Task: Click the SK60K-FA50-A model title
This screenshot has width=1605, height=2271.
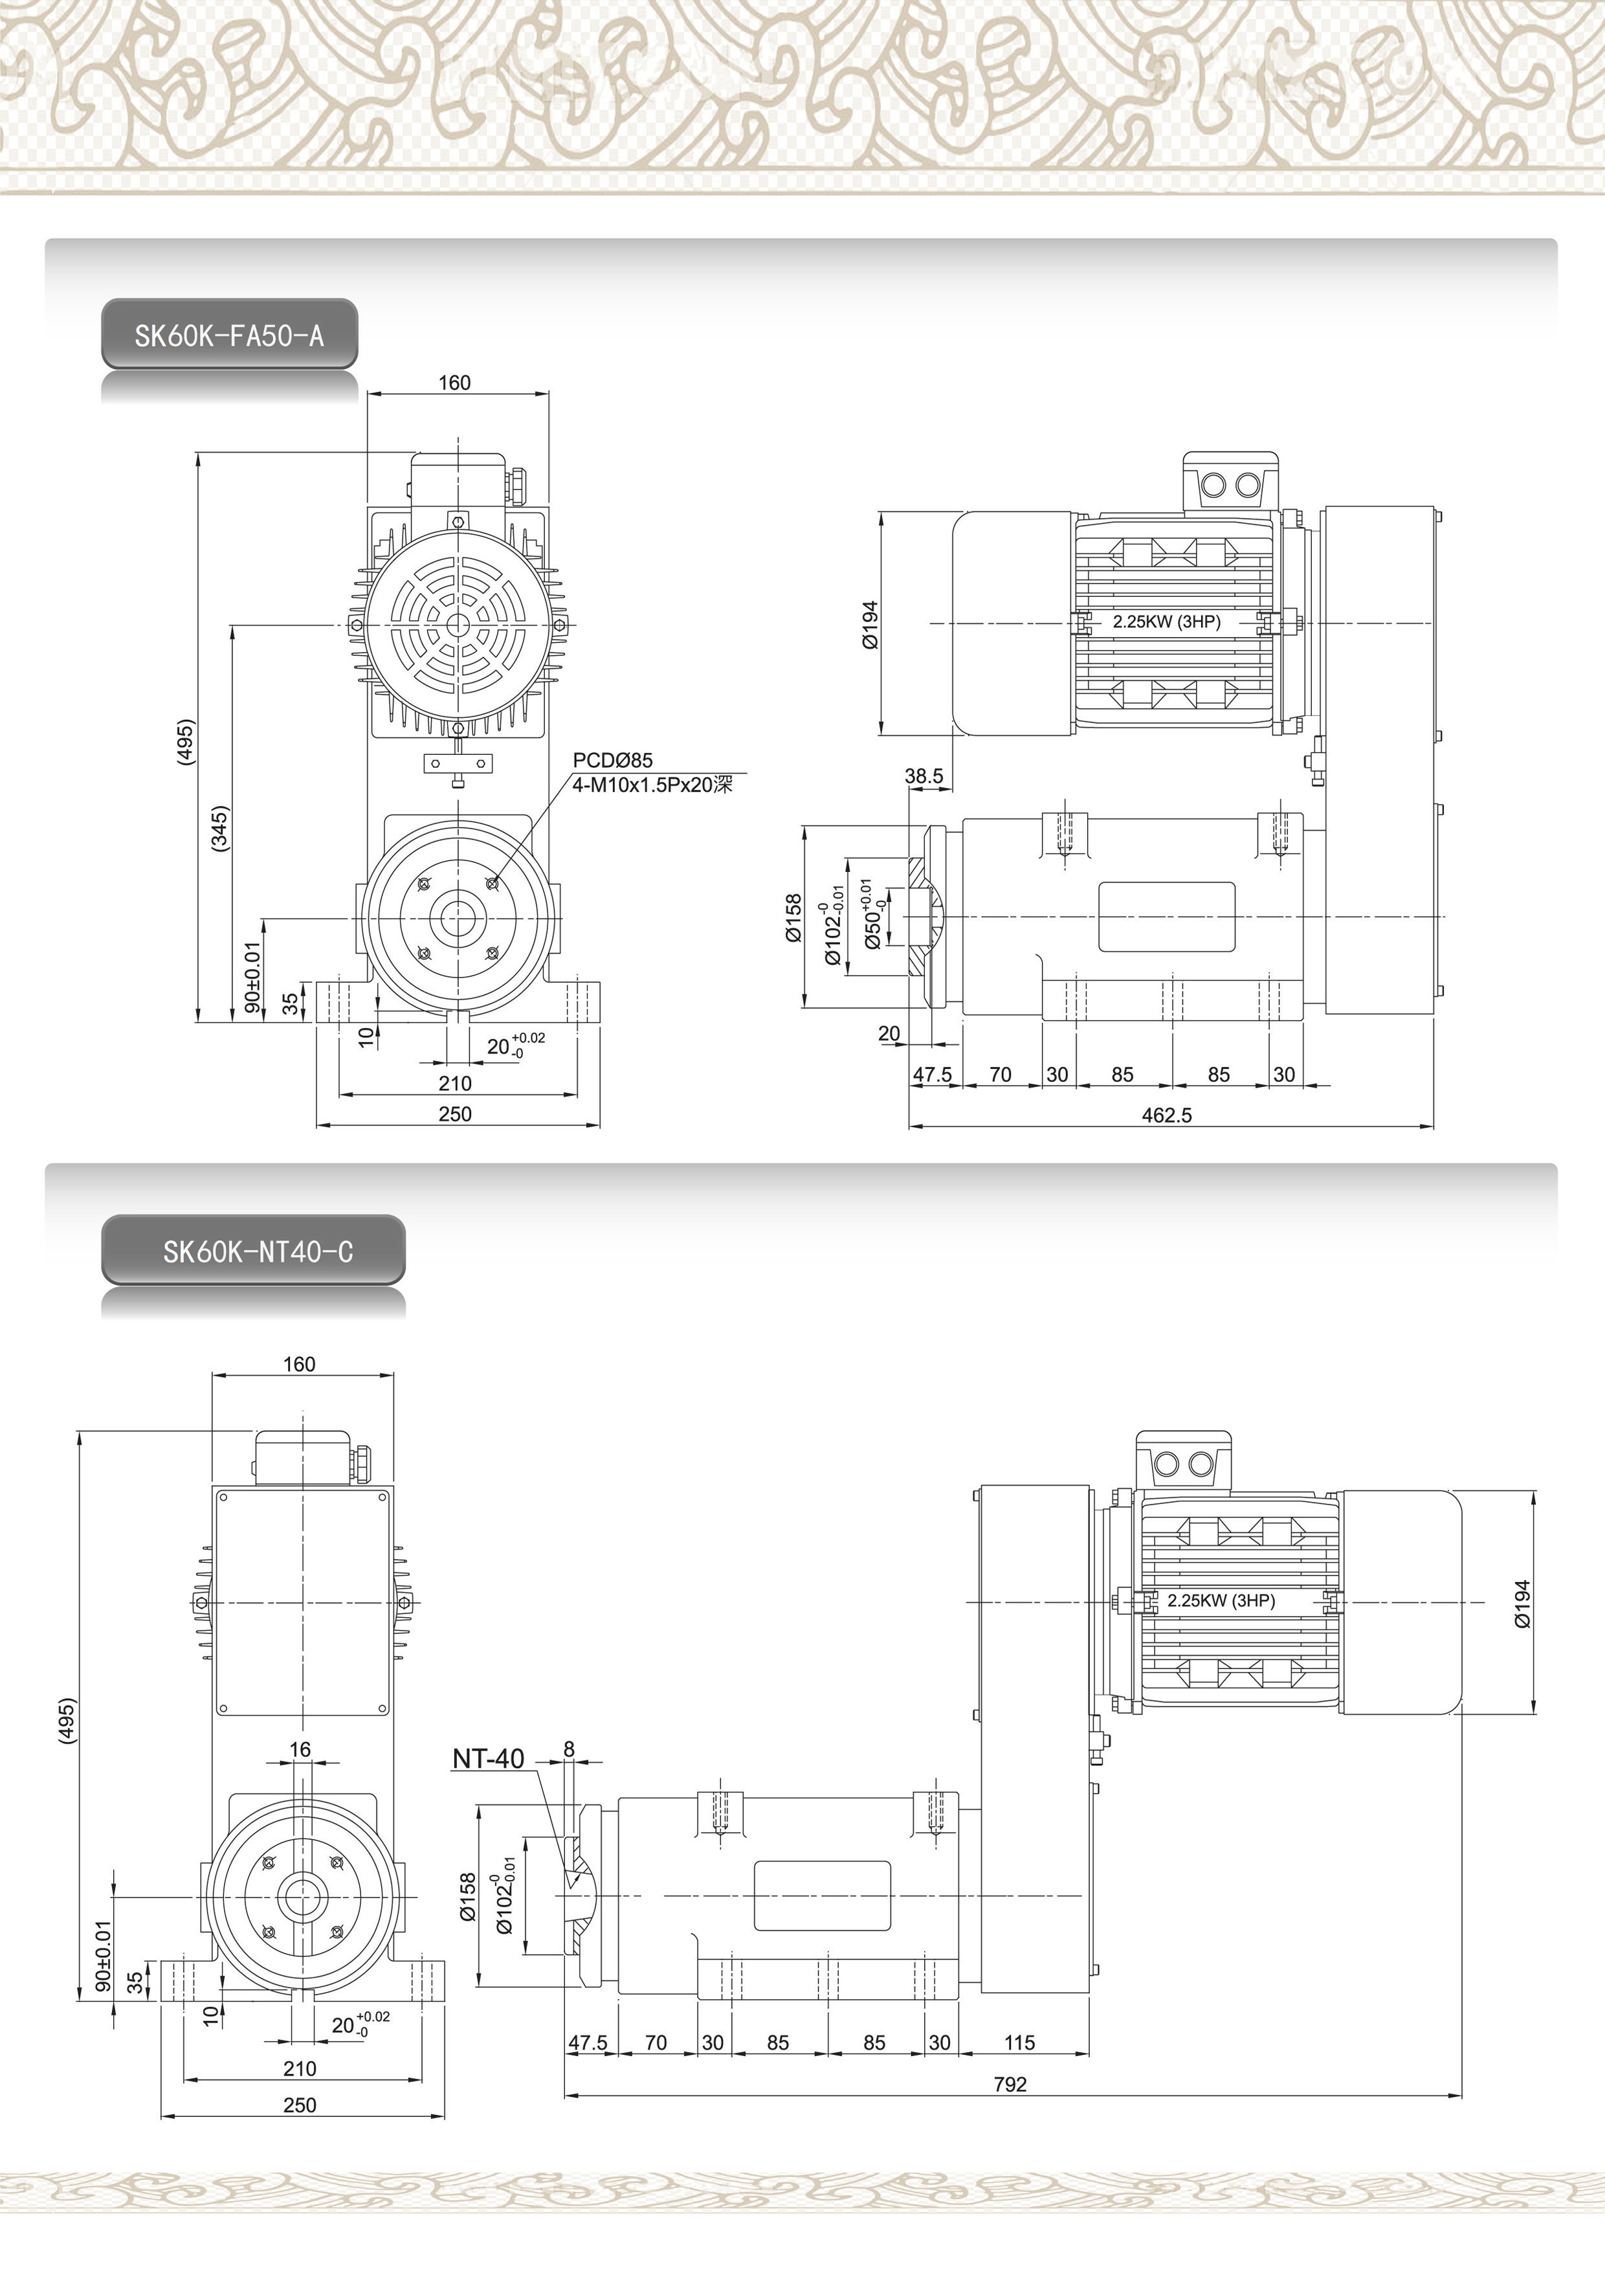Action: click(x=230, y=335)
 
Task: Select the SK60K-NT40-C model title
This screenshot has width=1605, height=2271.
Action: click(x=257, y=1251)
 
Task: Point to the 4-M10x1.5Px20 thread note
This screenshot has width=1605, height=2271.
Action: click(x=654, y=785)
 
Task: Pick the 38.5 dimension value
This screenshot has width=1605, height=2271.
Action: click(x=924, y=776)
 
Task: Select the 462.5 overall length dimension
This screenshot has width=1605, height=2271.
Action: click(x=1167, y=1115)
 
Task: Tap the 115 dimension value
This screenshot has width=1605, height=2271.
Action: click(x=1019, y=2042)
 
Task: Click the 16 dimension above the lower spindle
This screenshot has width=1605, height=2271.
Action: click(x=300, y=1750)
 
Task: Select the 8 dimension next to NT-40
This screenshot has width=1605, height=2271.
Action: click(x=569, y=1749)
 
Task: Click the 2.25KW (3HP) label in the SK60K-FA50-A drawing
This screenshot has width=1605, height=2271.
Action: click(x=1167, y=622)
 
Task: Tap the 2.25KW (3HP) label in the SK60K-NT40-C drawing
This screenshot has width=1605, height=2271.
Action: click(x=1221, y=1600)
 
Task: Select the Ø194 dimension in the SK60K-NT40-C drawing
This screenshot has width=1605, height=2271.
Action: click(x=1522, y=1604)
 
